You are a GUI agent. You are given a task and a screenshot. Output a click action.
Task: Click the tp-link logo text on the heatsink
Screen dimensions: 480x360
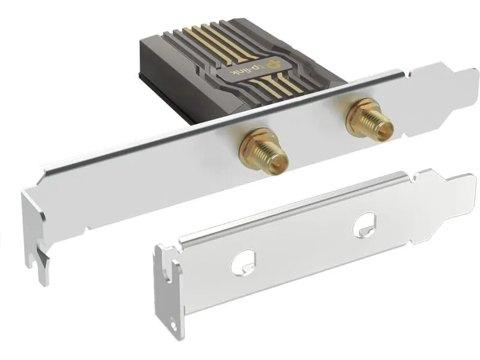point(242,71)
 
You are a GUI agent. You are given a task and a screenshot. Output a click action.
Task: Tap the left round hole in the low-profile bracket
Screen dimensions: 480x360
point(244,263)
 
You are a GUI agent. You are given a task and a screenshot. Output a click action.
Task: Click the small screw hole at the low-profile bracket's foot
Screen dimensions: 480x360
point(173,326)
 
